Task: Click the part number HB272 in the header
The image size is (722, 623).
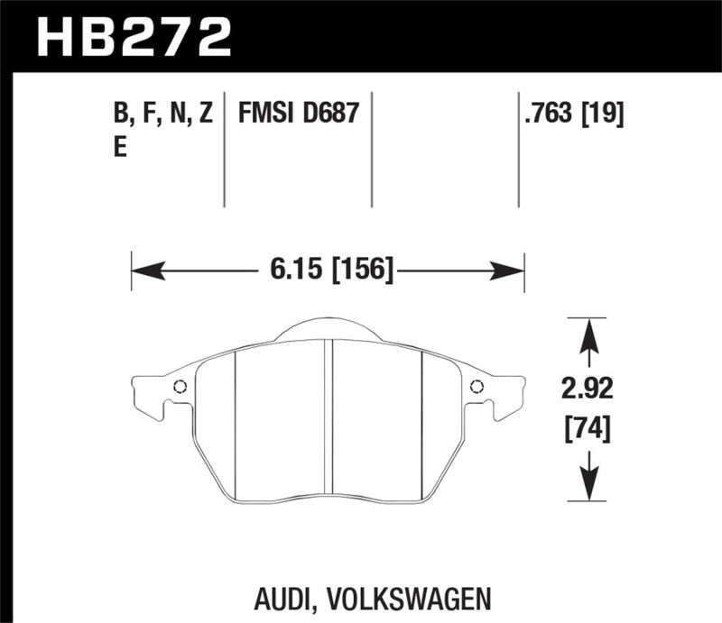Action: pyautogui.click(x=133, y=36)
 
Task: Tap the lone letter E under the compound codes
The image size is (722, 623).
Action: pyautogui.click(x=121, y=150)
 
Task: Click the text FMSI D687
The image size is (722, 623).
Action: pyautogui.click(x=299, y=114)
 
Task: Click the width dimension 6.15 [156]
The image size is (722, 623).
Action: pyautogui.click(x=331, y=269)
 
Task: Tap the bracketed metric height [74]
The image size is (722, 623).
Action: pyautogui.click(x=587, y=430)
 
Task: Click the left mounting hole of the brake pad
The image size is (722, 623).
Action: pyautogui.click(x=179, y=388)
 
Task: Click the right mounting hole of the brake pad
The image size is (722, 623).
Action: pyautogui.click(x=477, y=388)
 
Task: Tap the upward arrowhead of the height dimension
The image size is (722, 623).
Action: pyautogui.click(x=588, y=329)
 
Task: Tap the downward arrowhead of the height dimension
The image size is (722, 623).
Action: pyautogui.click(x=588, y=491)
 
